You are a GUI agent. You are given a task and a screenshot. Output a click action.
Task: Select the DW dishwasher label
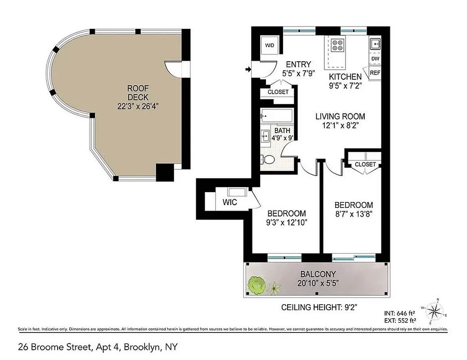tap(375, 59)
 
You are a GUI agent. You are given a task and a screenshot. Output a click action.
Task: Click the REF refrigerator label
tap(375, 72)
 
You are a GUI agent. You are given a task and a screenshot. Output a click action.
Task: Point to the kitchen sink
tap(375, 44)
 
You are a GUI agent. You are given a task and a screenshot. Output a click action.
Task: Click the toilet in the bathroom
tap(268, 159)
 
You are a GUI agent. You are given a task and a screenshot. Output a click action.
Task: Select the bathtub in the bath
tap(276, 116)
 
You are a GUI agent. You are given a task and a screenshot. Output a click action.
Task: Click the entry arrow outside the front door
tap(247, 69)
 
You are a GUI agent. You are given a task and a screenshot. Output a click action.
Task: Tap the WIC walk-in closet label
tap(229, 202)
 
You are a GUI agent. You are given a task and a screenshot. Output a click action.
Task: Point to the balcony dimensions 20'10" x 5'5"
tap(319, 283)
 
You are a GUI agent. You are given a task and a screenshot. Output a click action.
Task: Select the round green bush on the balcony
tap(256, 284)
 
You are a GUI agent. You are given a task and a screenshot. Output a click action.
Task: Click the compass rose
tap(435, 311)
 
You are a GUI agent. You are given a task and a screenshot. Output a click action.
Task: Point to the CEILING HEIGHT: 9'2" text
tap(316, 308)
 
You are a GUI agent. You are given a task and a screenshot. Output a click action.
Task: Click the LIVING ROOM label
tap(340, 116)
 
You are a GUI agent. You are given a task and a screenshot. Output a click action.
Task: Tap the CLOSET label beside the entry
tap(278, 92)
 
